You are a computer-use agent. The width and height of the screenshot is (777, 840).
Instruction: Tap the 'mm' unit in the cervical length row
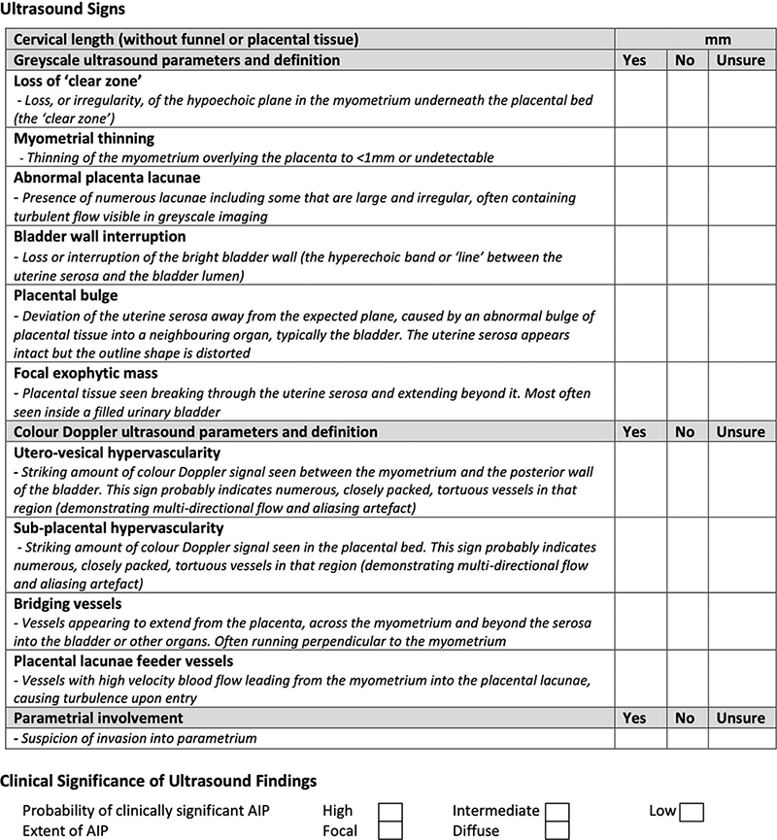[x=719, y=40]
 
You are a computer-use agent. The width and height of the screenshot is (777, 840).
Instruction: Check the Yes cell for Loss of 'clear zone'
[x=633, y=100]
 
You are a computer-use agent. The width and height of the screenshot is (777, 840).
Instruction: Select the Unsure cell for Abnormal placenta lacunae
[x=740, y=197]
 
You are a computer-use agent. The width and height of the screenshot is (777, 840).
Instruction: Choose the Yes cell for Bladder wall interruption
[x=633, y=255]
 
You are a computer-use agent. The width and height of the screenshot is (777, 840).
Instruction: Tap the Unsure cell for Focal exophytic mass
[x=740, y=391]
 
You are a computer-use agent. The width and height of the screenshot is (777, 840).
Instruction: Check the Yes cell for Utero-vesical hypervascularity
[x=633, y=479]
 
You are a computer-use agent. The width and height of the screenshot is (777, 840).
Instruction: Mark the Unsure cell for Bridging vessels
[x=740, y=622]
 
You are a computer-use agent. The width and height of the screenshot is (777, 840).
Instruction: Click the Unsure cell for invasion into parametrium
[x=740, y=738]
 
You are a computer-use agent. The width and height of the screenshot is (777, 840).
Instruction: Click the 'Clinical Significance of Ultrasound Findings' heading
[x=158, y=781]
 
